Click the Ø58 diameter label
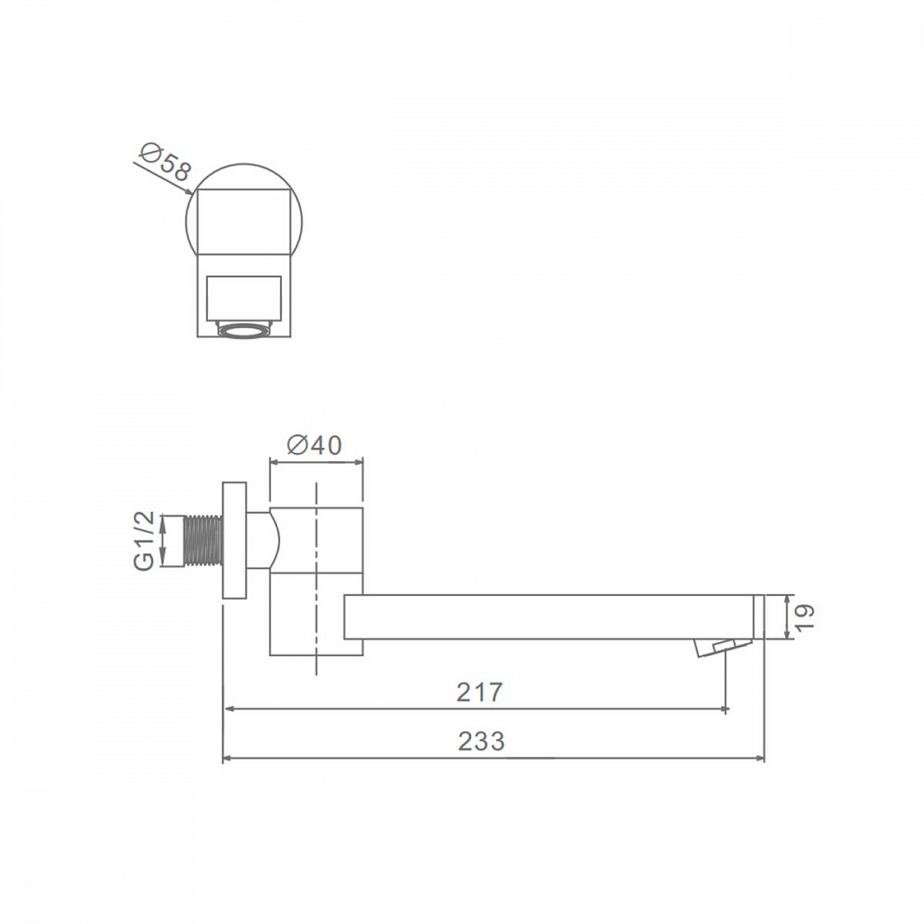click(165, 161)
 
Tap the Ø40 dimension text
click(314, 445)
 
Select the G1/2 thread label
click(144, 541)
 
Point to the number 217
click(480, 692)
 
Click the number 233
click(481, 741)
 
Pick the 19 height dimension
click(805, 617)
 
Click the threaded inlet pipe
click(203, 541)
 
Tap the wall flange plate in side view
click(234, 541)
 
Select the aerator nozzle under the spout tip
click(723, 648)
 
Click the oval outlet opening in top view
click(243, 331)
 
